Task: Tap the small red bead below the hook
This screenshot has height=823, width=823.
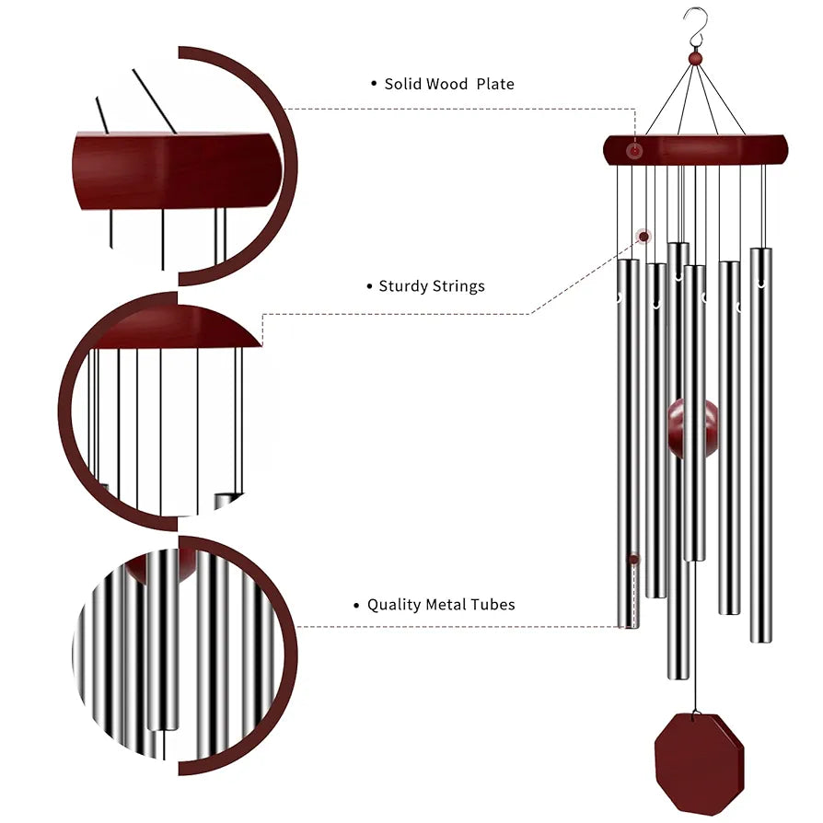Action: (x=696, y=59)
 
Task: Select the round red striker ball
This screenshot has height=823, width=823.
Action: (x=693, y=428)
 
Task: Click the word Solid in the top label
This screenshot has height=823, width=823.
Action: (x=401, y=84)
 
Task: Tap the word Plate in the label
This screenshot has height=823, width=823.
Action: (x=495, y=84)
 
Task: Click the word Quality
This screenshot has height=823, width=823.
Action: (x=394, y=605)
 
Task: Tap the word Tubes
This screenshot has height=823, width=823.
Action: (x=493, y=605)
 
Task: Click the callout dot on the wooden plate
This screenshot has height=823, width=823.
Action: (x=634, y=151)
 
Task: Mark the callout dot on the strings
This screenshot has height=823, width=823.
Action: (x=643, y=237)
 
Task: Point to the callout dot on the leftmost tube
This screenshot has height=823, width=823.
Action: (x=633, y=559)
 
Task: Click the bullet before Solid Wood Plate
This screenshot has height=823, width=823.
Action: (x=374, y=84)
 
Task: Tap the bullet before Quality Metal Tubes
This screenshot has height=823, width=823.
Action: (x=356, y=605)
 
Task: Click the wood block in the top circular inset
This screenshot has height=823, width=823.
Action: (x=175, y=171)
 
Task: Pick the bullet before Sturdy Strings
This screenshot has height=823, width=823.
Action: (x=368, y=286)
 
